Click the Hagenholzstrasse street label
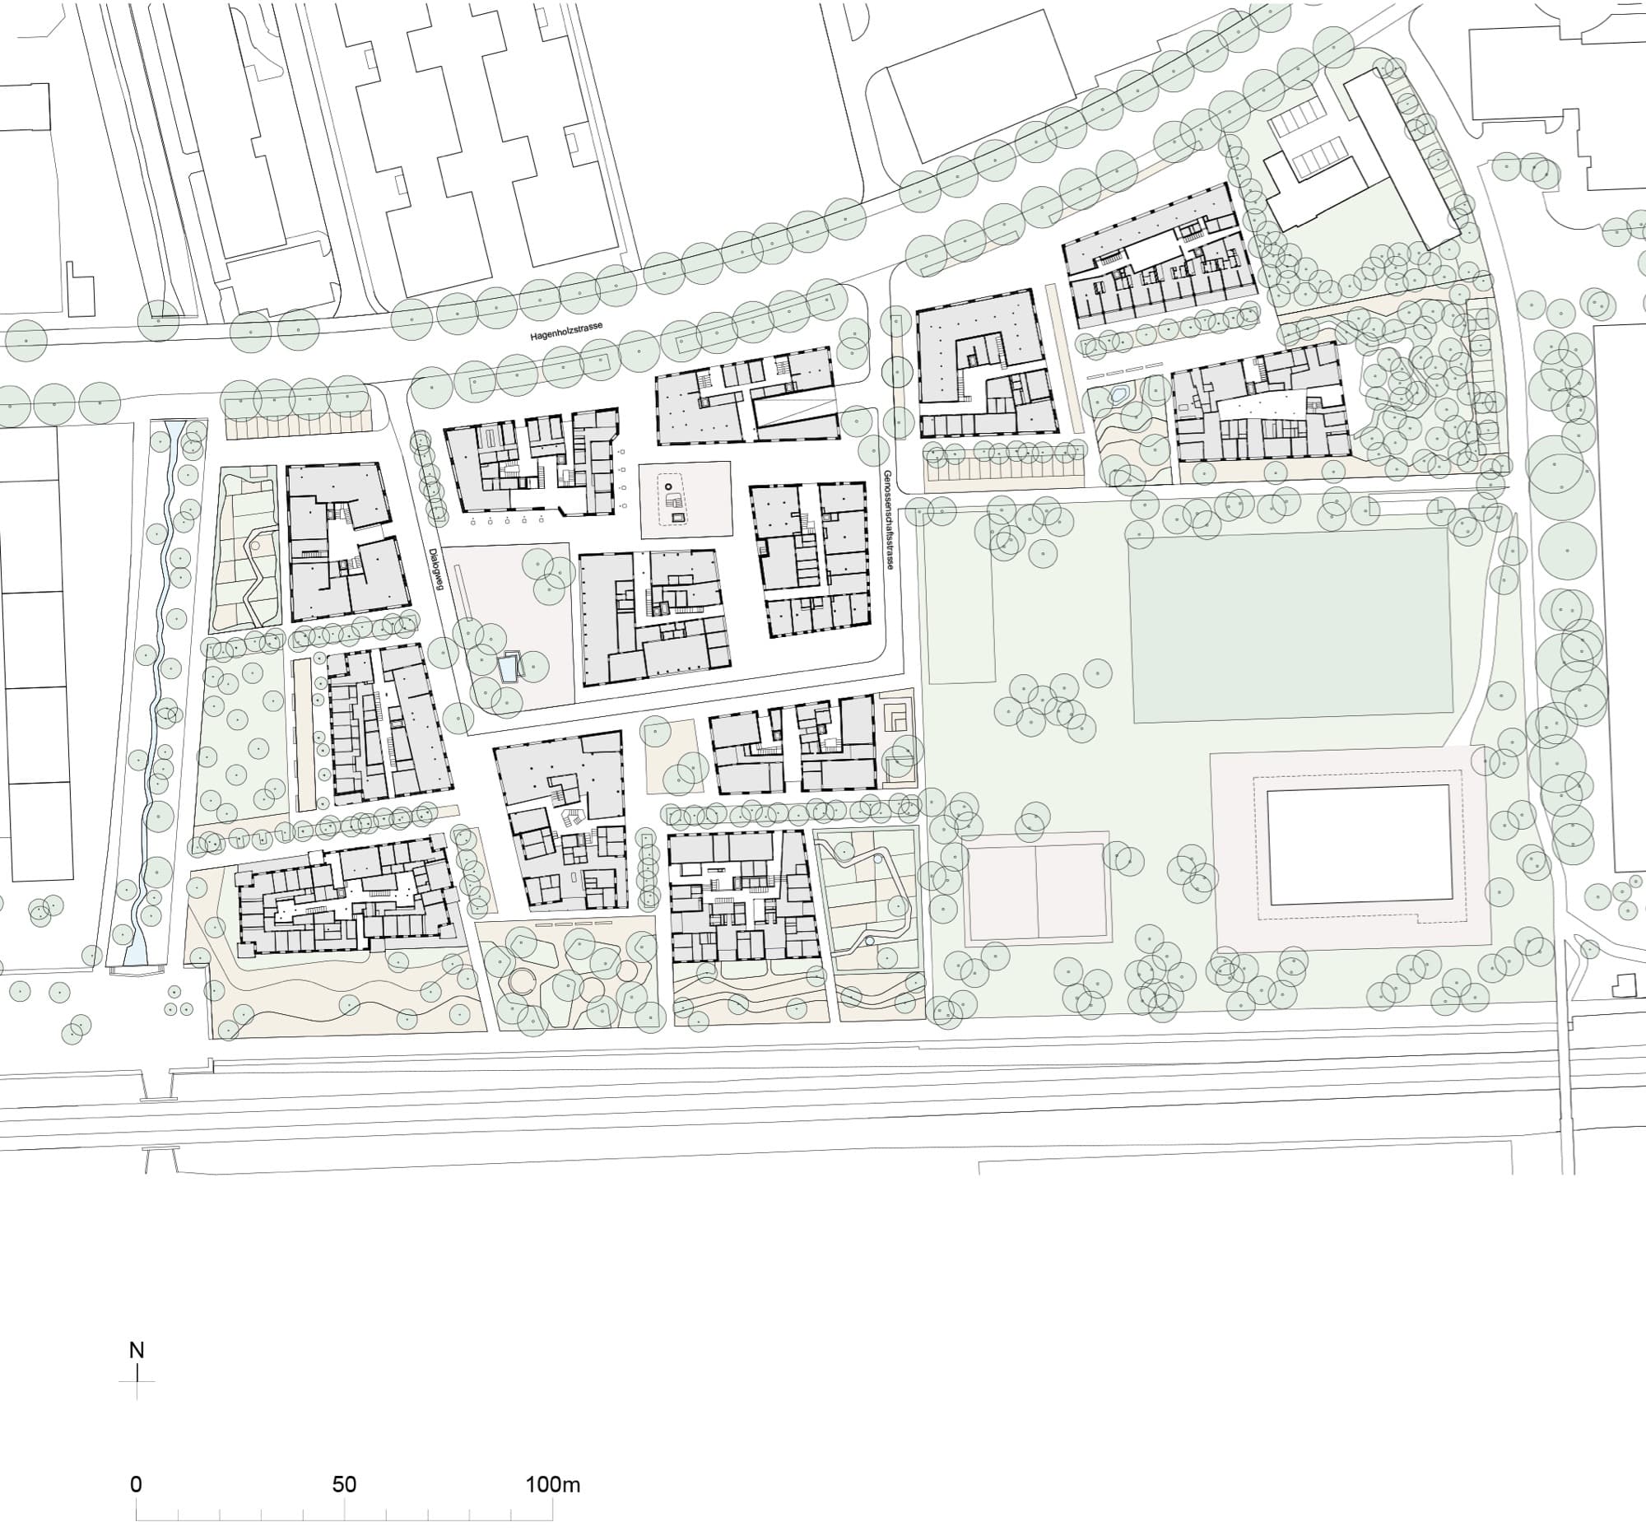click(566, 332)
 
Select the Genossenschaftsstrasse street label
click(887, 520)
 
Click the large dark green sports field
click(1290, 625)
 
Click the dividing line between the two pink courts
click(1035, 891)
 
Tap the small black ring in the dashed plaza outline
click(668, 486)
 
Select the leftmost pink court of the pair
click(1001, 891)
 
